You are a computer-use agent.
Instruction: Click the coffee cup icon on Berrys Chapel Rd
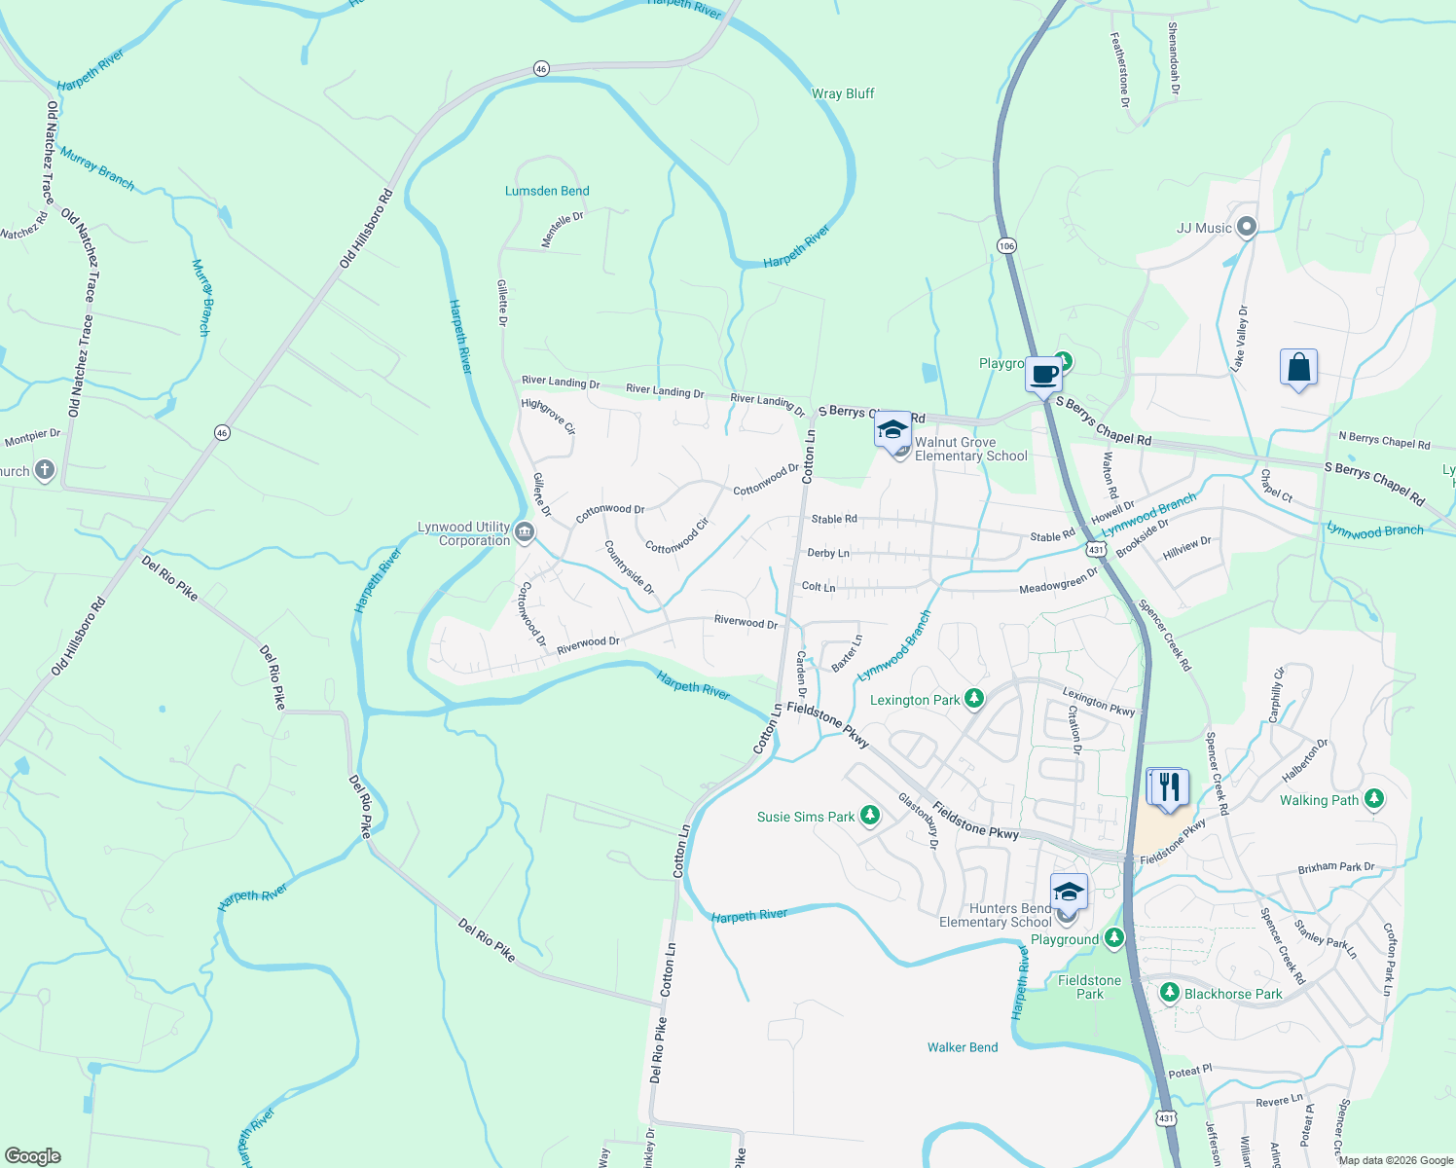(x=1043, y=375)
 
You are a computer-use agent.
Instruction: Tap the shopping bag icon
(x=1298, y=368)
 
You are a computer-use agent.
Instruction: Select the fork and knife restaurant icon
(x=1168, y=786)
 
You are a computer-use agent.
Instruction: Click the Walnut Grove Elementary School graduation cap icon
(x=892, y=429)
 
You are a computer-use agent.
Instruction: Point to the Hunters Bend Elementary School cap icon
(x=1068, y=892)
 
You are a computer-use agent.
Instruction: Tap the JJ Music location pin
(x=1247, y=228)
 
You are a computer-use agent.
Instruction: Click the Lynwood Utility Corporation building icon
(x=525, y=531)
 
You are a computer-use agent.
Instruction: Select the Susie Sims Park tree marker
(x=870, y=816)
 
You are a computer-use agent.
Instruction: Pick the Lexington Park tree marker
(x=974, y=699)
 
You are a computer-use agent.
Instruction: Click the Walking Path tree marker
(x=1373, y=799)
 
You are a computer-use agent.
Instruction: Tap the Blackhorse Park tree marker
(x=1170, y=993)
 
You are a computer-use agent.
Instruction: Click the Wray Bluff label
(x=843, y=93)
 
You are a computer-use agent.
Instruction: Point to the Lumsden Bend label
(x=547, y=191)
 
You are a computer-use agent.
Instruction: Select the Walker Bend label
(x=962, y=1047)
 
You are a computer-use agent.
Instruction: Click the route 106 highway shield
(x=1006, y=246)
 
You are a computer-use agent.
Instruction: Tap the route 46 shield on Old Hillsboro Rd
(x=223, y=433)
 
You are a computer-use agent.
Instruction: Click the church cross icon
(x=45, y=471)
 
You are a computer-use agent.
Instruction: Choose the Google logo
(x=33, y=1156)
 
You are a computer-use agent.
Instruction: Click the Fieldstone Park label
(x=1089, y=987)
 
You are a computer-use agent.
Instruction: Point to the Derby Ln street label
(x=828, y=553)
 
